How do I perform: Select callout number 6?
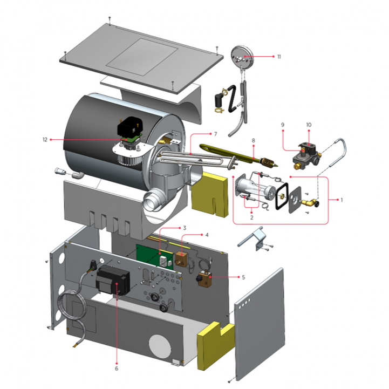click(x=116, y=369)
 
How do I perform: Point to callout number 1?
click(x=340, y=200)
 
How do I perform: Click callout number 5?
click(x=243, y=277)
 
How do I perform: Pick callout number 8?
click(x=252, y=139)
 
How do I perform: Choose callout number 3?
click(x=184, y=228)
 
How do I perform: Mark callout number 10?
click(x=309, y=125)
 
